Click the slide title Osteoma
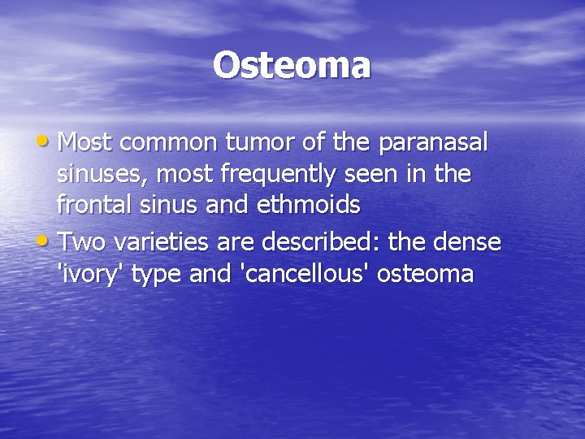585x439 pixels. (x=292, y=66)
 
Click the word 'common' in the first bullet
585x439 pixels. (x=167, y=144)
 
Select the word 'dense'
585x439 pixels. (x=470, y=243)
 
